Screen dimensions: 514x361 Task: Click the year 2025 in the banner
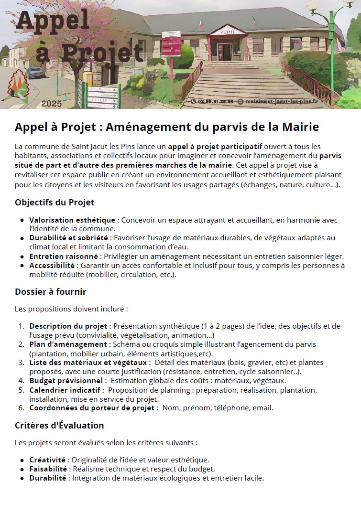[52, 104]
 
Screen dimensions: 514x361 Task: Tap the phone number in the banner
[212, 102]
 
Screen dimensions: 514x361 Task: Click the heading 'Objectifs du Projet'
[55, 203]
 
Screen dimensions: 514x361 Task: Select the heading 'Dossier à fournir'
[51, 291]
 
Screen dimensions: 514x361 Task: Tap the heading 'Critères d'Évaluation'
[59, 425]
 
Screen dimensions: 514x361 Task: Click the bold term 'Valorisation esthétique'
[72, 220]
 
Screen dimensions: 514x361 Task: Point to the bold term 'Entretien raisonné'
[64, 257]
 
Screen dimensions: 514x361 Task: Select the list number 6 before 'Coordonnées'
[21, 408]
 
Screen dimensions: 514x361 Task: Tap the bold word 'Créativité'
[47, 460]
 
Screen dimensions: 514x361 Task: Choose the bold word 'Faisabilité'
[48, 469]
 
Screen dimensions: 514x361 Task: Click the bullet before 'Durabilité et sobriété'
[22, 238]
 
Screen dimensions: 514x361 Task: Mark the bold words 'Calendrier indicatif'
[65, 390]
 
